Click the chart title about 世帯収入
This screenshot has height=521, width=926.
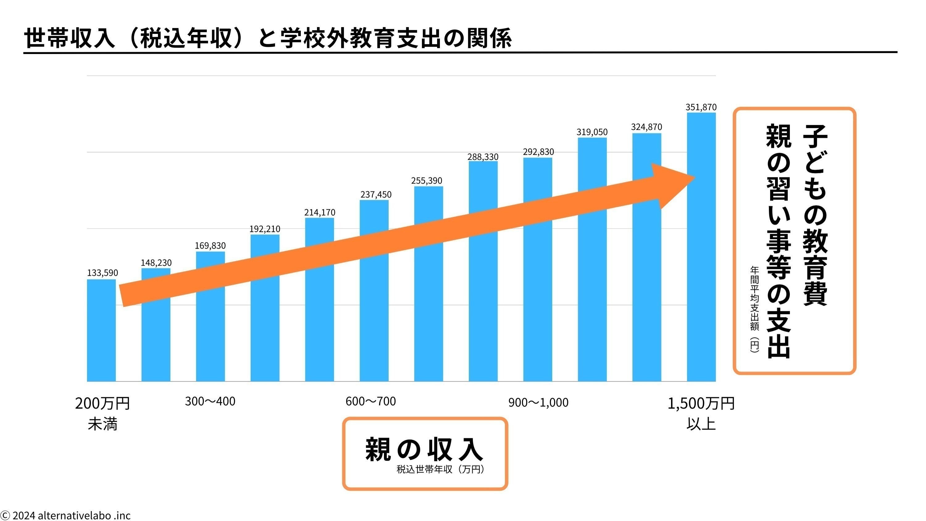[268, 38]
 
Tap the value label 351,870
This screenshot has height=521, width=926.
[701, 107]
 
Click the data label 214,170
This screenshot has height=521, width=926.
[319, 212]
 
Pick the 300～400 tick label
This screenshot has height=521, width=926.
[210, 401]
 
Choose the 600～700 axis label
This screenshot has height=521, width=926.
[371, 401]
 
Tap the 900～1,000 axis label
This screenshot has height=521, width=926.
[538, 402]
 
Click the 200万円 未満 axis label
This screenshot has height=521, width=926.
[102, 414]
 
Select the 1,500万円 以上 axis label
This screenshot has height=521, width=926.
[701, 414]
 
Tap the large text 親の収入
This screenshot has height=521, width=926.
[424, 449]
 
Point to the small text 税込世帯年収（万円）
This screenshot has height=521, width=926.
[441, 470]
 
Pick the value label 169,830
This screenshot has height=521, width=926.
[210, 246]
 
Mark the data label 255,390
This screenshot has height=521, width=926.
[426, 180]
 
